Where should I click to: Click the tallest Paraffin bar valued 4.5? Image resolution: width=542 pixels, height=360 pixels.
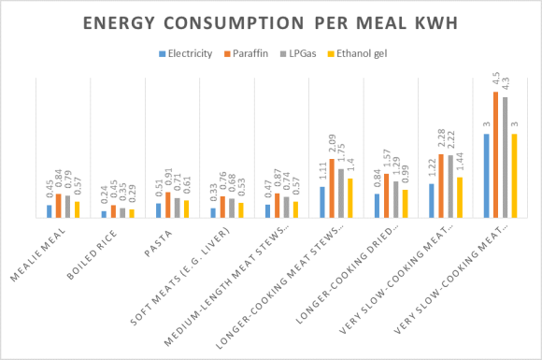point(496,154)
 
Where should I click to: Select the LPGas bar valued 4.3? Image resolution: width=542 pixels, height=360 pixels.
point(505,157)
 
